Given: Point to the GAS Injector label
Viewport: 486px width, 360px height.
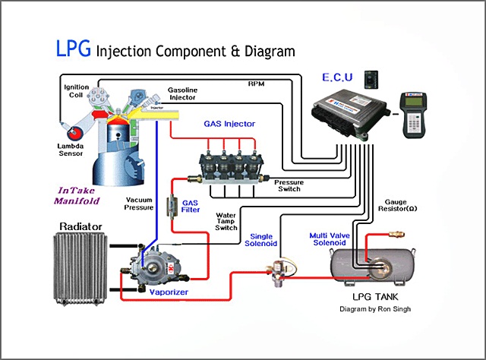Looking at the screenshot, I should click(x=229, y=123).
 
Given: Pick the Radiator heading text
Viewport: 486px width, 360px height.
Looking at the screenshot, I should click(x=89, y=226).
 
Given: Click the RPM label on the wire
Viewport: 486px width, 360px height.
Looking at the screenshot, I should click(x=256, y=82).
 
